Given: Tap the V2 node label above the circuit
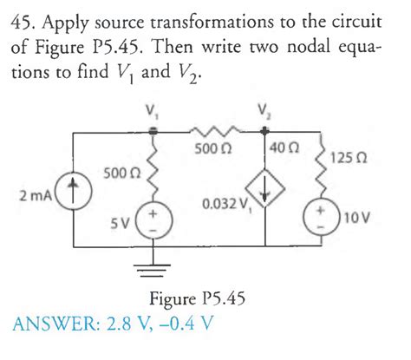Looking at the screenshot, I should point(264,110).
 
